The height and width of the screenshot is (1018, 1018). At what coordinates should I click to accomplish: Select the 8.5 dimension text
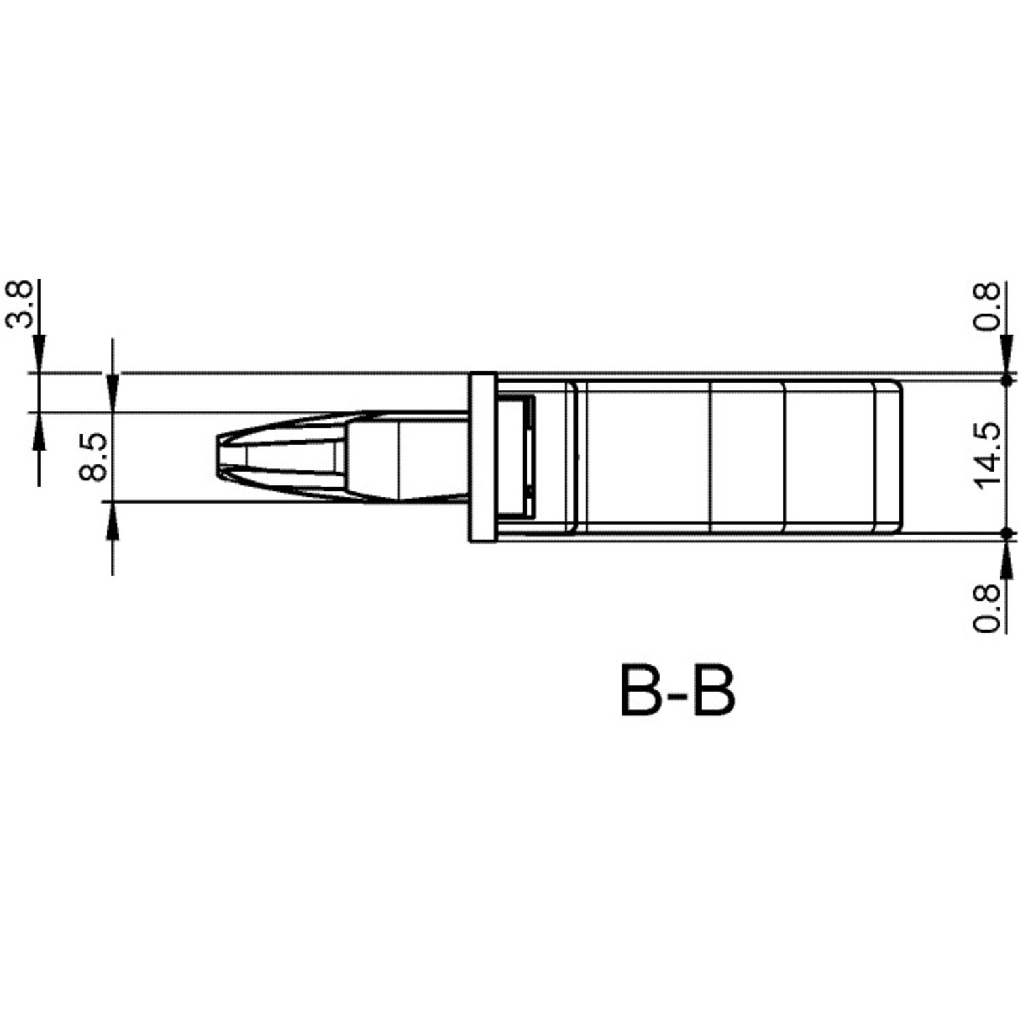(93, 457)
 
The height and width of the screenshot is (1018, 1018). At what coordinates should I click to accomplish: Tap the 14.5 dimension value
(987, 455)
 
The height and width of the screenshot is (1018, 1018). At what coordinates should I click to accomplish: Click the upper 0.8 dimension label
(987, 306)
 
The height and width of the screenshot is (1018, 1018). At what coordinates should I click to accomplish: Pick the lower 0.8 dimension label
(987, 608)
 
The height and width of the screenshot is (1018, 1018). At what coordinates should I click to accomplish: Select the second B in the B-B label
(714, 690)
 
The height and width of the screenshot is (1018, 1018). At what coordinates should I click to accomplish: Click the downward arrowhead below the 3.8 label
(39, 353)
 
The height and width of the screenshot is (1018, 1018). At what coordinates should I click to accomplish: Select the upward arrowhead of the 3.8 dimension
(39, 431)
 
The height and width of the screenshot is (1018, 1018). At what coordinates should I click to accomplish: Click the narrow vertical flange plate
(483, 457)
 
